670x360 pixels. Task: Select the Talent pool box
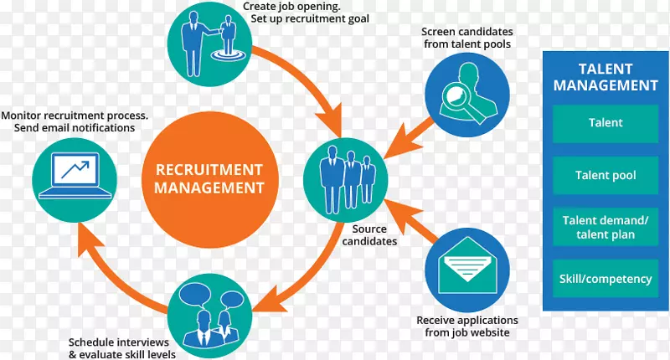click(x=606, y=176)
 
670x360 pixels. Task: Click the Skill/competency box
click(x=606, y=278)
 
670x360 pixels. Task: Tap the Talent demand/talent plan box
click(x=606, y=227)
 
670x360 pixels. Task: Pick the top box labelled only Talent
click(x=606, y=122)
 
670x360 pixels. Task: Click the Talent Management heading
click(x=606, y=77)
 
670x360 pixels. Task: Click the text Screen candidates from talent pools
click(x=466, y=37)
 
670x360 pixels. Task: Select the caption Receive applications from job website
click(x=467, y=327)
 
